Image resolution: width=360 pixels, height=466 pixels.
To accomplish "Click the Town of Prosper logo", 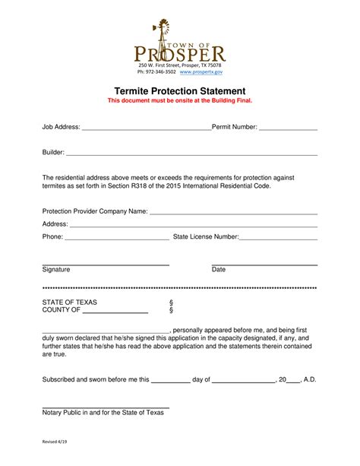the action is (x=179, y=44).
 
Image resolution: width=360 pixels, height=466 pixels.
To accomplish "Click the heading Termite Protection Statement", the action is (x=179, y=90).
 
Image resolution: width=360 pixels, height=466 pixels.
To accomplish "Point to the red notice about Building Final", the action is (x=179, y=100).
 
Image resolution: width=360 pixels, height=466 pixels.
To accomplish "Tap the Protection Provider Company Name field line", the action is (x=233, y=214).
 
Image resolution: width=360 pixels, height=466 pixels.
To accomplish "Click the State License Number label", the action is (x=206, y=237).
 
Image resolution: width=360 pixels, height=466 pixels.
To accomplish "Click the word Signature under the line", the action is (x=56, y=270).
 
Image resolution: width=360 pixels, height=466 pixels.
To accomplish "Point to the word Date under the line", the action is (x=219, y=270).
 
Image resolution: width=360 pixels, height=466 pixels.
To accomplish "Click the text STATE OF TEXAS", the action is (x=69, y=302).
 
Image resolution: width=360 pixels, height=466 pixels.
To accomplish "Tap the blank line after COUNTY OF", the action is (x=115, y=312).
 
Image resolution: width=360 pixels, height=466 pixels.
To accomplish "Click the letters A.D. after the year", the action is (x=310, y=379).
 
